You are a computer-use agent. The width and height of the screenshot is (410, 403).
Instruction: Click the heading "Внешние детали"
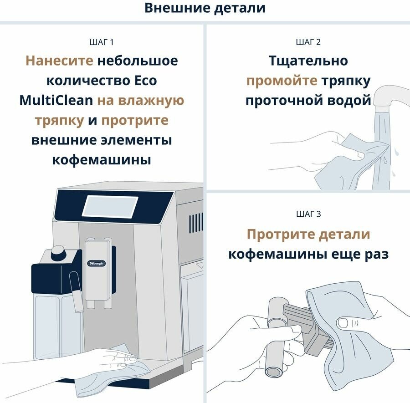point(205,8)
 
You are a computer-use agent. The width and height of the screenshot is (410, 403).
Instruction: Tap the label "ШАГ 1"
point(102,42)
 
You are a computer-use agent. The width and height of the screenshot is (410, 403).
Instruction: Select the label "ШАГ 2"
point(308,42)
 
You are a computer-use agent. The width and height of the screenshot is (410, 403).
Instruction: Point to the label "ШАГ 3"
point(308,214)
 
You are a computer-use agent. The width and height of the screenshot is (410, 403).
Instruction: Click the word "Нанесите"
point(59,61)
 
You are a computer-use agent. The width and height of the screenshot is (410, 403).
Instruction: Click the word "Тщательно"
point(308,61)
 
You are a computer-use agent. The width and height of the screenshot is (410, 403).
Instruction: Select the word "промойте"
point(282,81)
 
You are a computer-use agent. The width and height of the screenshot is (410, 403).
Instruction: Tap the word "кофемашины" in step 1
point(102,160)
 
